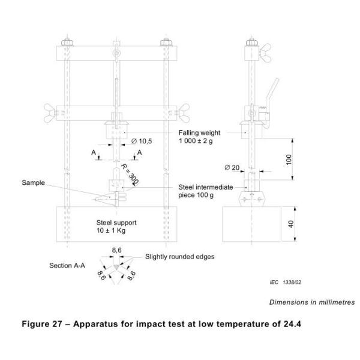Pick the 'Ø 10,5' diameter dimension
(142, 142)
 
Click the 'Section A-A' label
(66, 264)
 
